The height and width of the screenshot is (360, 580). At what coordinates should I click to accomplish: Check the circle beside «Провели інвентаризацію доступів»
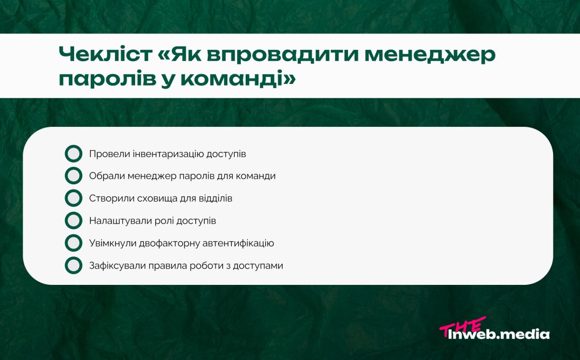pos(74,154)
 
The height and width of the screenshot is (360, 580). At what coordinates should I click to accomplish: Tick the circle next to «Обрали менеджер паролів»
pos(74,176)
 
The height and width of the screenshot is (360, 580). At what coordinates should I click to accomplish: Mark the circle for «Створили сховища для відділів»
pos(74,198)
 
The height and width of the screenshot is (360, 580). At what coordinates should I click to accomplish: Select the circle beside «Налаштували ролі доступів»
pos(74,221)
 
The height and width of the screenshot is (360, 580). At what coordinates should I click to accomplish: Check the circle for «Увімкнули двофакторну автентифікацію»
pos(74,243)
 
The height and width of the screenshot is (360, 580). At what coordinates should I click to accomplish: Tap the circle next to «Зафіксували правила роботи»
pos(74,265)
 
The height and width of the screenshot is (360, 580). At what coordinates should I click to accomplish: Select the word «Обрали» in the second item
pos(104,176)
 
